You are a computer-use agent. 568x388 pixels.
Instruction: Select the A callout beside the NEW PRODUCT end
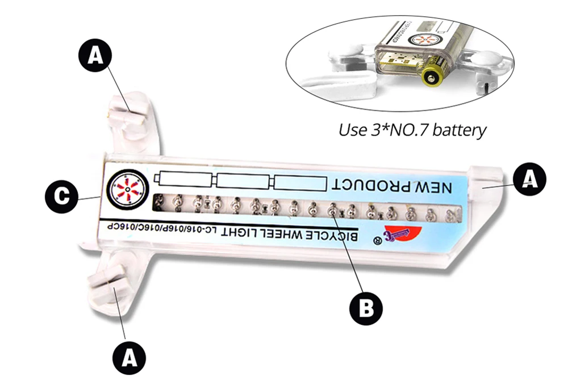529,180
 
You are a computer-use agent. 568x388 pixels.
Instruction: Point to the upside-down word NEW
432,186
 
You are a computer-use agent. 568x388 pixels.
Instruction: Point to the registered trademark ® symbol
375,240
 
